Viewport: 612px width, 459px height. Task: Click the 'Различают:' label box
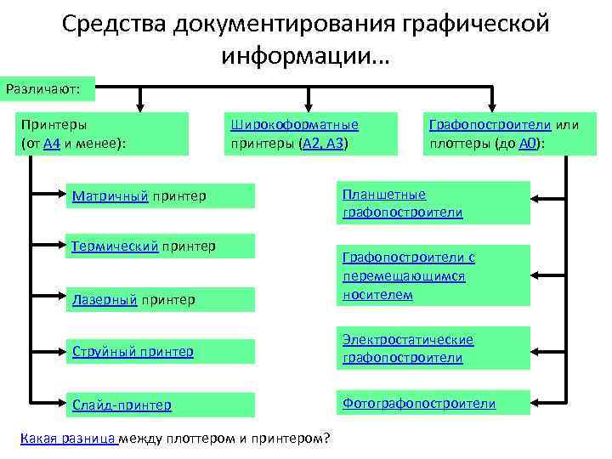click(48, 88)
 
